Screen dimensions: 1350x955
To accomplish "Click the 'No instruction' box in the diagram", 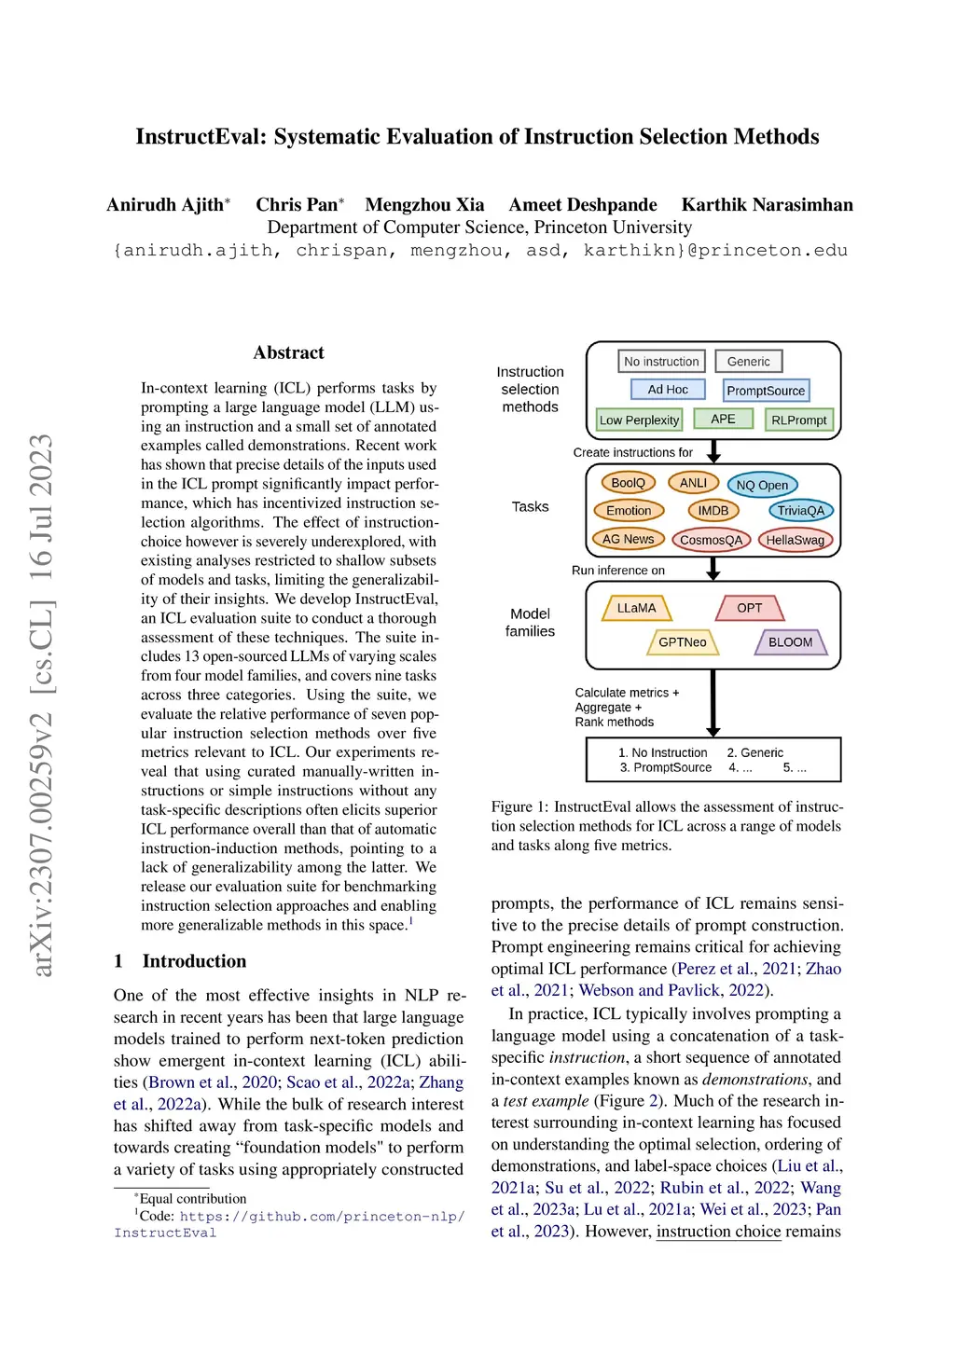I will (x=661, y=362).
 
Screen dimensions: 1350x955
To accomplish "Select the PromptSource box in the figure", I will (x=766, y=391).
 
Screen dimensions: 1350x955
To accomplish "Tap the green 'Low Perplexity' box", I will (x=639, y=420).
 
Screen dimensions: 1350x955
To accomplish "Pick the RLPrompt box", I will (x=798, y=420).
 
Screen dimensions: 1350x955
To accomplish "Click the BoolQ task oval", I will (x=628, y=483).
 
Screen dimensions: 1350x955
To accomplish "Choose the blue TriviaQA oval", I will (x=800, y=511).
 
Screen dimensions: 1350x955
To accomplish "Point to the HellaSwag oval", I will (x=795, y=540).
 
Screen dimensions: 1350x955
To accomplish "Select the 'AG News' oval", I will (x=628, y=539).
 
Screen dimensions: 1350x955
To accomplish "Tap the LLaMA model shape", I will (x=636, y=608).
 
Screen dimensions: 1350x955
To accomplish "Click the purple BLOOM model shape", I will (x=790, y=642).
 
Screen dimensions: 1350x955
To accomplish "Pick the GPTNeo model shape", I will (x=683, y=642).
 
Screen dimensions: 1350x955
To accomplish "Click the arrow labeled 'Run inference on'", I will (x=713, y=569).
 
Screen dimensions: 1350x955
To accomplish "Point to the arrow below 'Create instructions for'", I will (x=714, y=451).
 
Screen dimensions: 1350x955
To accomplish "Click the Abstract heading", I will (x=288, y=352).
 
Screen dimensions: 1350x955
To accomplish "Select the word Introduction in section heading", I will (x=194, y=961).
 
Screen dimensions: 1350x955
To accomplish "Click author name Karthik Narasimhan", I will (x=767, y=205).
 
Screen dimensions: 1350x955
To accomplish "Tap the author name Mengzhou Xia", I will (x=424, y=205).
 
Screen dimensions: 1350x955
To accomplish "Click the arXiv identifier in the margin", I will (x=41, y=705).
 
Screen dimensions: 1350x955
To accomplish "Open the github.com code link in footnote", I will (x=322, y=1217).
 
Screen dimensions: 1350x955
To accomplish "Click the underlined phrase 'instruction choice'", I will (x=718, y=1232).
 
